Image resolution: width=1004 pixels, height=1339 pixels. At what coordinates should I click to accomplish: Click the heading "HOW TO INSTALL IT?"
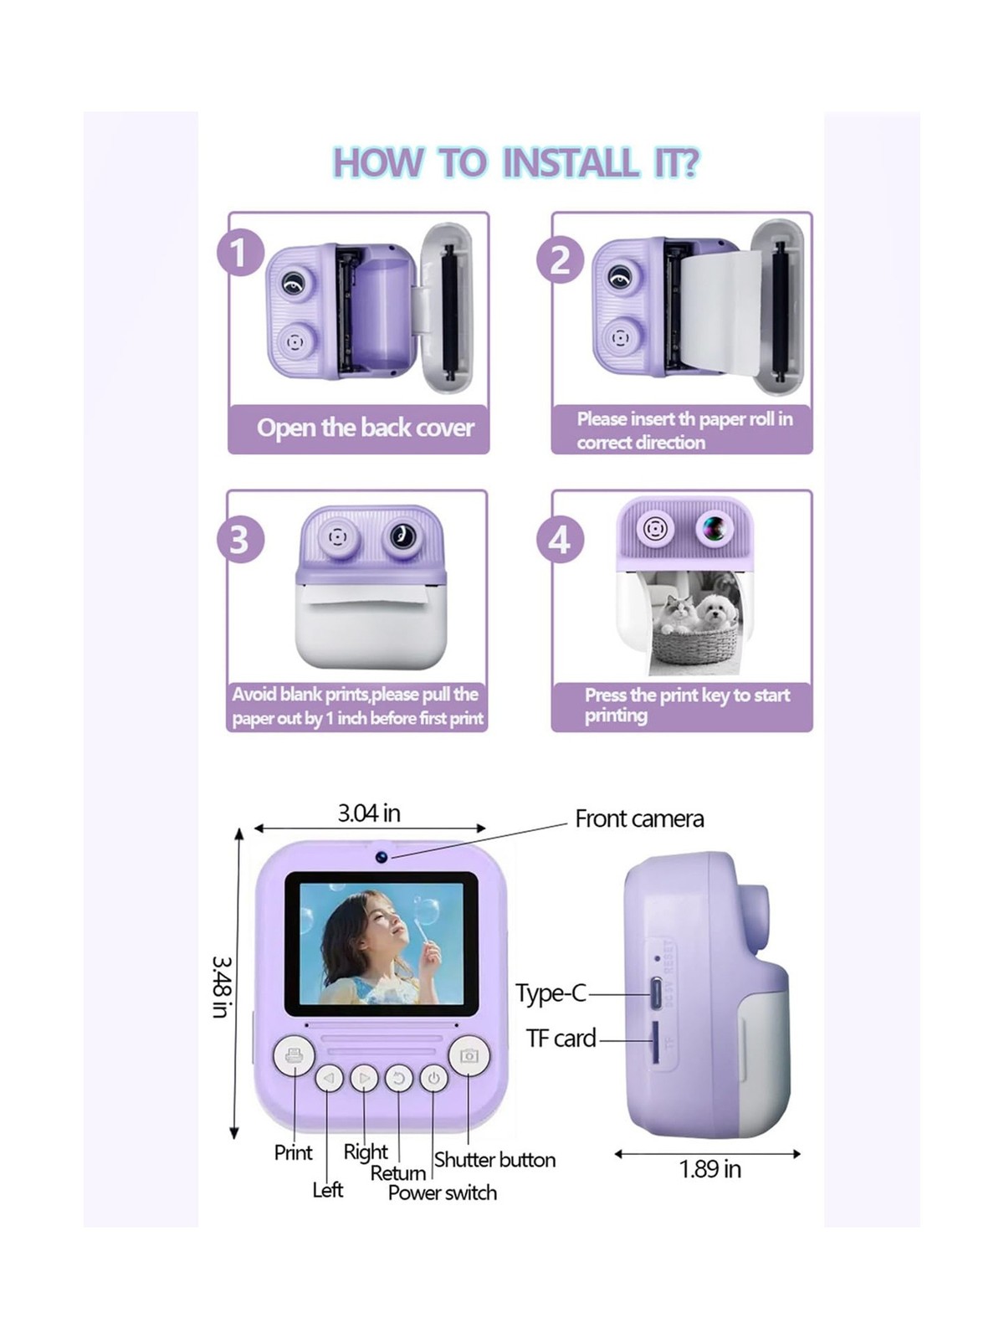[516, 162]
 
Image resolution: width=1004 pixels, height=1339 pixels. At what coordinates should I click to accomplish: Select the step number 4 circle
[561, 540]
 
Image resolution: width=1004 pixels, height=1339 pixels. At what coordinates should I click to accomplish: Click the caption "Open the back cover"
[366, 428]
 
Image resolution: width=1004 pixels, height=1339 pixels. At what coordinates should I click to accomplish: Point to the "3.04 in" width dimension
[369, 813]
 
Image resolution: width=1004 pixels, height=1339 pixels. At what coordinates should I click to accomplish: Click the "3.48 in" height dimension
[220, 987]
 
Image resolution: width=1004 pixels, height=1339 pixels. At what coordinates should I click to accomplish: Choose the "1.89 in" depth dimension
[709, 1169]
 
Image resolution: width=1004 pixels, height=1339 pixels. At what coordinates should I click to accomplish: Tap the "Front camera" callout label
[639, 818]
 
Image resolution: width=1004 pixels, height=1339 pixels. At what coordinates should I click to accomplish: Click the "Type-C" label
[551, 993]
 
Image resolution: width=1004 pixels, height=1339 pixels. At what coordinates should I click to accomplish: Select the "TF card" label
[561, 1039]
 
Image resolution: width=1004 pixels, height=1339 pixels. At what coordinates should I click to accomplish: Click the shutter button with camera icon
[469, 1056]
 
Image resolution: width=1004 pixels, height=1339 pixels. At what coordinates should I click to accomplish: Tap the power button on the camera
[433, 1079]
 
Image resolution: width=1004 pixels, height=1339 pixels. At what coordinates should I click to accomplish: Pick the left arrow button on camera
[329, 1079]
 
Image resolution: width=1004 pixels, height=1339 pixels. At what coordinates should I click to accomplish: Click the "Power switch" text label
[442, 1193]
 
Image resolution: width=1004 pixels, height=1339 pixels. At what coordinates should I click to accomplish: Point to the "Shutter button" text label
[494, 1160]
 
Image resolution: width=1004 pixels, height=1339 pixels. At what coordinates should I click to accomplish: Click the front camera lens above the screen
[382, 856]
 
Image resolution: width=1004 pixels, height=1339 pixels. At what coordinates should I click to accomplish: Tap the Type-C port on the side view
[656, 994]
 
